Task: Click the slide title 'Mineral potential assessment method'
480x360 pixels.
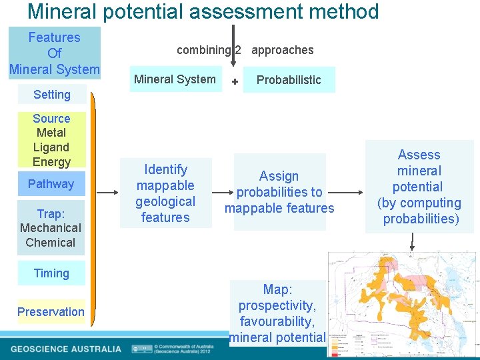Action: (x=203, y=11)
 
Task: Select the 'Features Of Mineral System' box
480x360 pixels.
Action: (x=55, y=53)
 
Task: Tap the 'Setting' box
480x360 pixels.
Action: (x=52, y=95)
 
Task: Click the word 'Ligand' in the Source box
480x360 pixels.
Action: (x=51, y=147)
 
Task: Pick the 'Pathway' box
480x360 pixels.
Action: (x=51, y=184)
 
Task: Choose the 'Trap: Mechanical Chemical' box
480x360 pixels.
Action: (x=51, y=228)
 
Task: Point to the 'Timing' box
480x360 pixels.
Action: (x=51, y=273)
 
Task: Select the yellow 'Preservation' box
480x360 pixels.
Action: (x=51, y=312)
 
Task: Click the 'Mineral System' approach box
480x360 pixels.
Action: (x=175, y=79)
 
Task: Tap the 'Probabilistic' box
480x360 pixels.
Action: (x=289, y=80)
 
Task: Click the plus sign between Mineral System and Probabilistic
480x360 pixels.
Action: (x=235, y=81)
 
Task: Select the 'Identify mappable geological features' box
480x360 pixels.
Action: (x=165, y=193)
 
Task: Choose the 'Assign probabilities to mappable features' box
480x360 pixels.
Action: (x=279, y=192)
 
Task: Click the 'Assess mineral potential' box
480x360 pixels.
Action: (x=419, y=187)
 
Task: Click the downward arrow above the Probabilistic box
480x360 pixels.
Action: (x=233, y=47)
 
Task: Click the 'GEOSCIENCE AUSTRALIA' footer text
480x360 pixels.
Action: (x=66, y=349)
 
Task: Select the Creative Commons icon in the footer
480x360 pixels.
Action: (x=141, y=349)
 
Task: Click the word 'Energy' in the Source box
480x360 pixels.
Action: (x=51, y=162)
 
